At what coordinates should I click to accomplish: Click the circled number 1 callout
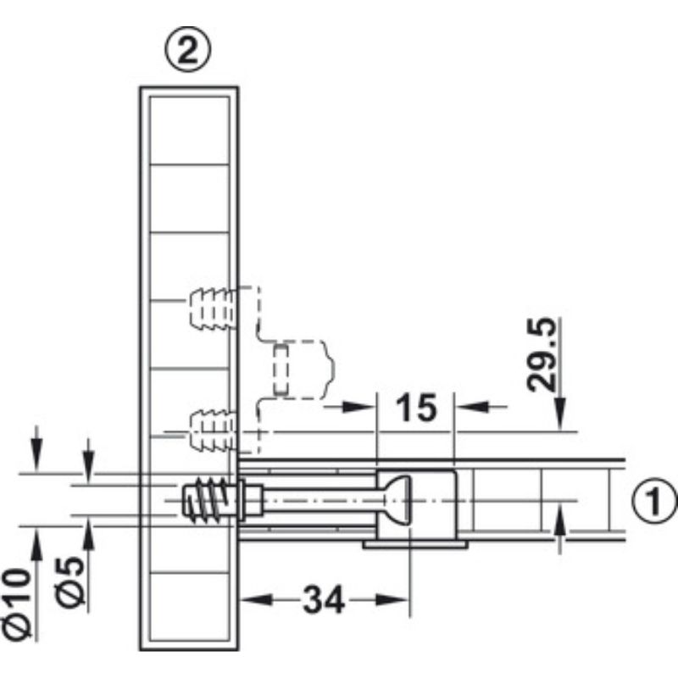click(654, 500)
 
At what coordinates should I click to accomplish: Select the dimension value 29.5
click(542, 354)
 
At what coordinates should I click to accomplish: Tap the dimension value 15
click(416, 408)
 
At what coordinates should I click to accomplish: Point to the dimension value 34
click(324, 600)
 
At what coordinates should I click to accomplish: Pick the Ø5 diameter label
click(69, 582)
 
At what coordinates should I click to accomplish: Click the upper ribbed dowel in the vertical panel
click(213, 308)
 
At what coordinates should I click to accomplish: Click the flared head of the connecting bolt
click(395, 500)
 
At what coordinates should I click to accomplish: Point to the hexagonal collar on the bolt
click(250, 500)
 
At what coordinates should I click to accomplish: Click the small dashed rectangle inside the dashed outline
click(281, 370)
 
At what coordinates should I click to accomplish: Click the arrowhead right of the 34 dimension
click(392, 600)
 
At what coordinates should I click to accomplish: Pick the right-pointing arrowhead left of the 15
click(358, 407)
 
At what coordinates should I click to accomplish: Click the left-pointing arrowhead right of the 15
click(472, 407)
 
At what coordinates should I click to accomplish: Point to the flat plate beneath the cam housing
click(415, 544)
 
